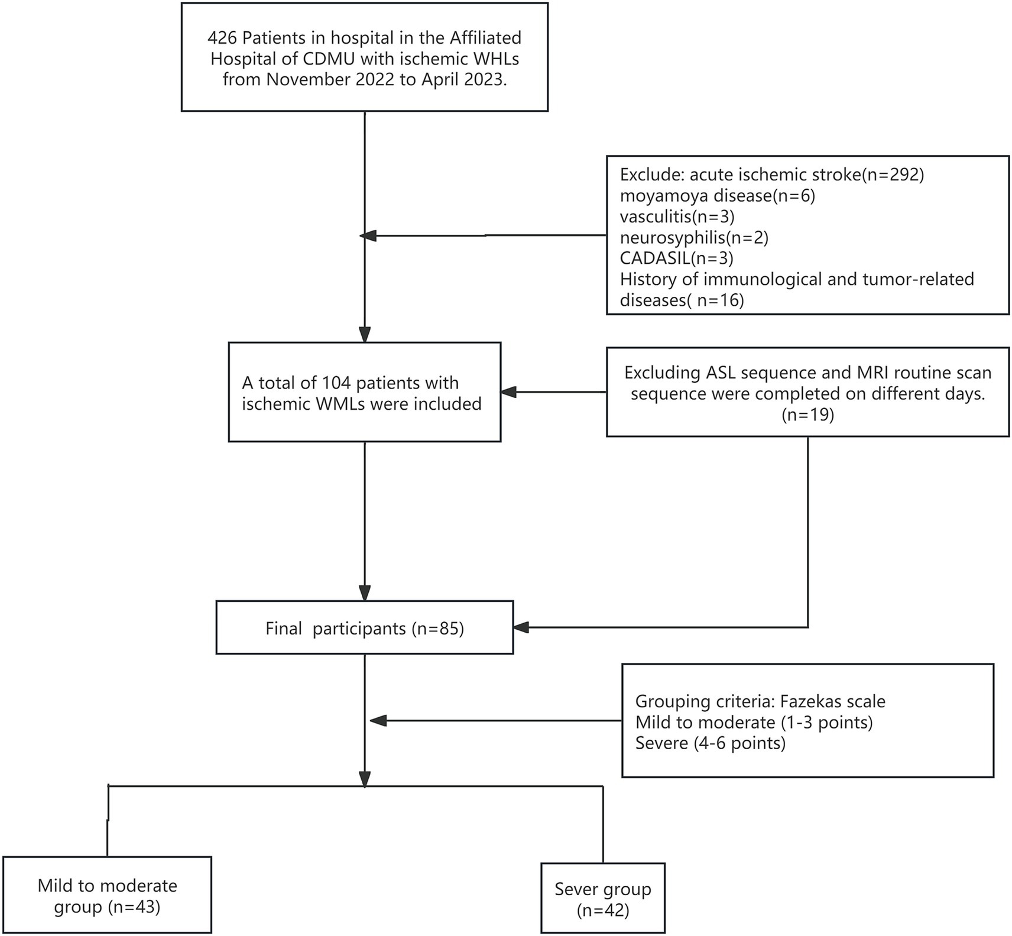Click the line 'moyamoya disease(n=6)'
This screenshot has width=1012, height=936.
point(717,196)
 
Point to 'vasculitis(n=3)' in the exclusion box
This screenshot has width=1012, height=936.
point(677,216)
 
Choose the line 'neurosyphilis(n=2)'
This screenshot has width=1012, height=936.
point(694,237)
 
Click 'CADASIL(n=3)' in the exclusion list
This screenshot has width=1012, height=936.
point(676,258)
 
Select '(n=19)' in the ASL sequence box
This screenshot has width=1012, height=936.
point(807,415)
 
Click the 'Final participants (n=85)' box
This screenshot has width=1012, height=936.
point(364,628)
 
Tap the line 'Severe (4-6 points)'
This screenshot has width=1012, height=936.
point(710,743)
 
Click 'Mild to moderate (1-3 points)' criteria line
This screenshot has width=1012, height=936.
point(754,723)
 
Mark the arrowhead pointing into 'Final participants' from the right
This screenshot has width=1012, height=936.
point(520,628)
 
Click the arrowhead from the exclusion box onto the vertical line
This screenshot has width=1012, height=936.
point(368,236)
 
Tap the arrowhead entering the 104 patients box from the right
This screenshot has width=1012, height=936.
point(508,392)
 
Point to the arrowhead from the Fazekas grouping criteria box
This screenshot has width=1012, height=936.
point(378,721)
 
